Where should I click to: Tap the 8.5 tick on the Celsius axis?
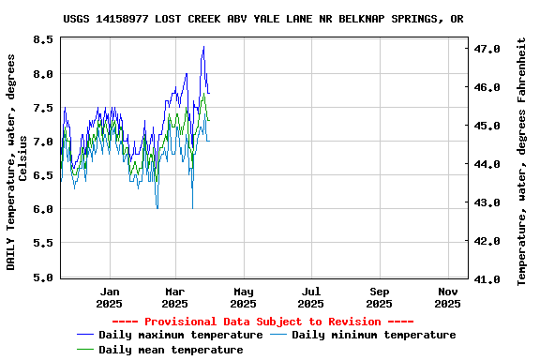(x=43, y=40)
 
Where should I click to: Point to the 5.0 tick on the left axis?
(x=43, y=277)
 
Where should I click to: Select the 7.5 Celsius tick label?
(x=43, y=108)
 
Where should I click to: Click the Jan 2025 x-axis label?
(x=110, y=297)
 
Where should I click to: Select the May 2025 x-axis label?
(x=243, y=297)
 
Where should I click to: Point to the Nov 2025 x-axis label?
(x=447, y=297)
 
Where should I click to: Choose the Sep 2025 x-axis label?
(x=379, y=297)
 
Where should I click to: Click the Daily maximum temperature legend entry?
(x=180, y=335)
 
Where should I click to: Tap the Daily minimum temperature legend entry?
(x=373, y=335)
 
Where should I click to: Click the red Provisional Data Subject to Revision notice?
(x=269, y=321)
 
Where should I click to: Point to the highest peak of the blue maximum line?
(x=203, y=47)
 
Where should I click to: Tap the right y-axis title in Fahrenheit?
(x=522, y=161)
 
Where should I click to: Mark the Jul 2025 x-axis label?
(x=311, y=297)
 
